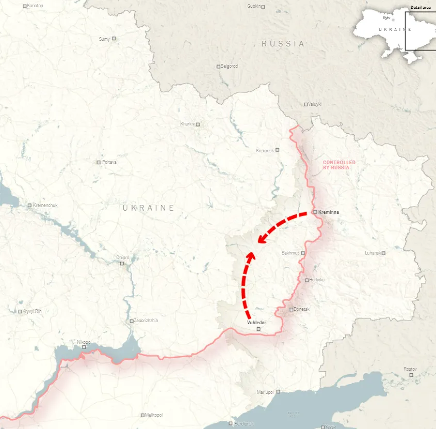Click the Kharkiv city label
[x=187, y=124]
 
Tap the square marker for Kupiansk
[x=277, y=150]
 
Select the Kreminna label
[x=329, y=212]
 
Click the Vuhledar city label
[x=256, y=322]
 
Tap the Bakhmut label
[x=290, y=253]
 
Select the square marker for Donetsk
[x=291, y=310]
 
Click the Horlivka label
[x=317, y=280]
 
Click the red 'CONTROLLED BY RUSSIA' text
[x=339, y=165]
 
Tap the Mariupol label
[x=265, y=392]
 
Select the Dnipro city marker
[x=122, y=263]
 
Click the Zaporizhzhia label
[x=146, y=321]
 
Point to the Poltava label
[x=109, y=162]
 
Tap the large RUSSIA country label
[x=283, y=44]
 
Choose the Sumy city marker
[x=114, y=38]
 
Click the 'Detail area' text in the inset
[x=421, y=7]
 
